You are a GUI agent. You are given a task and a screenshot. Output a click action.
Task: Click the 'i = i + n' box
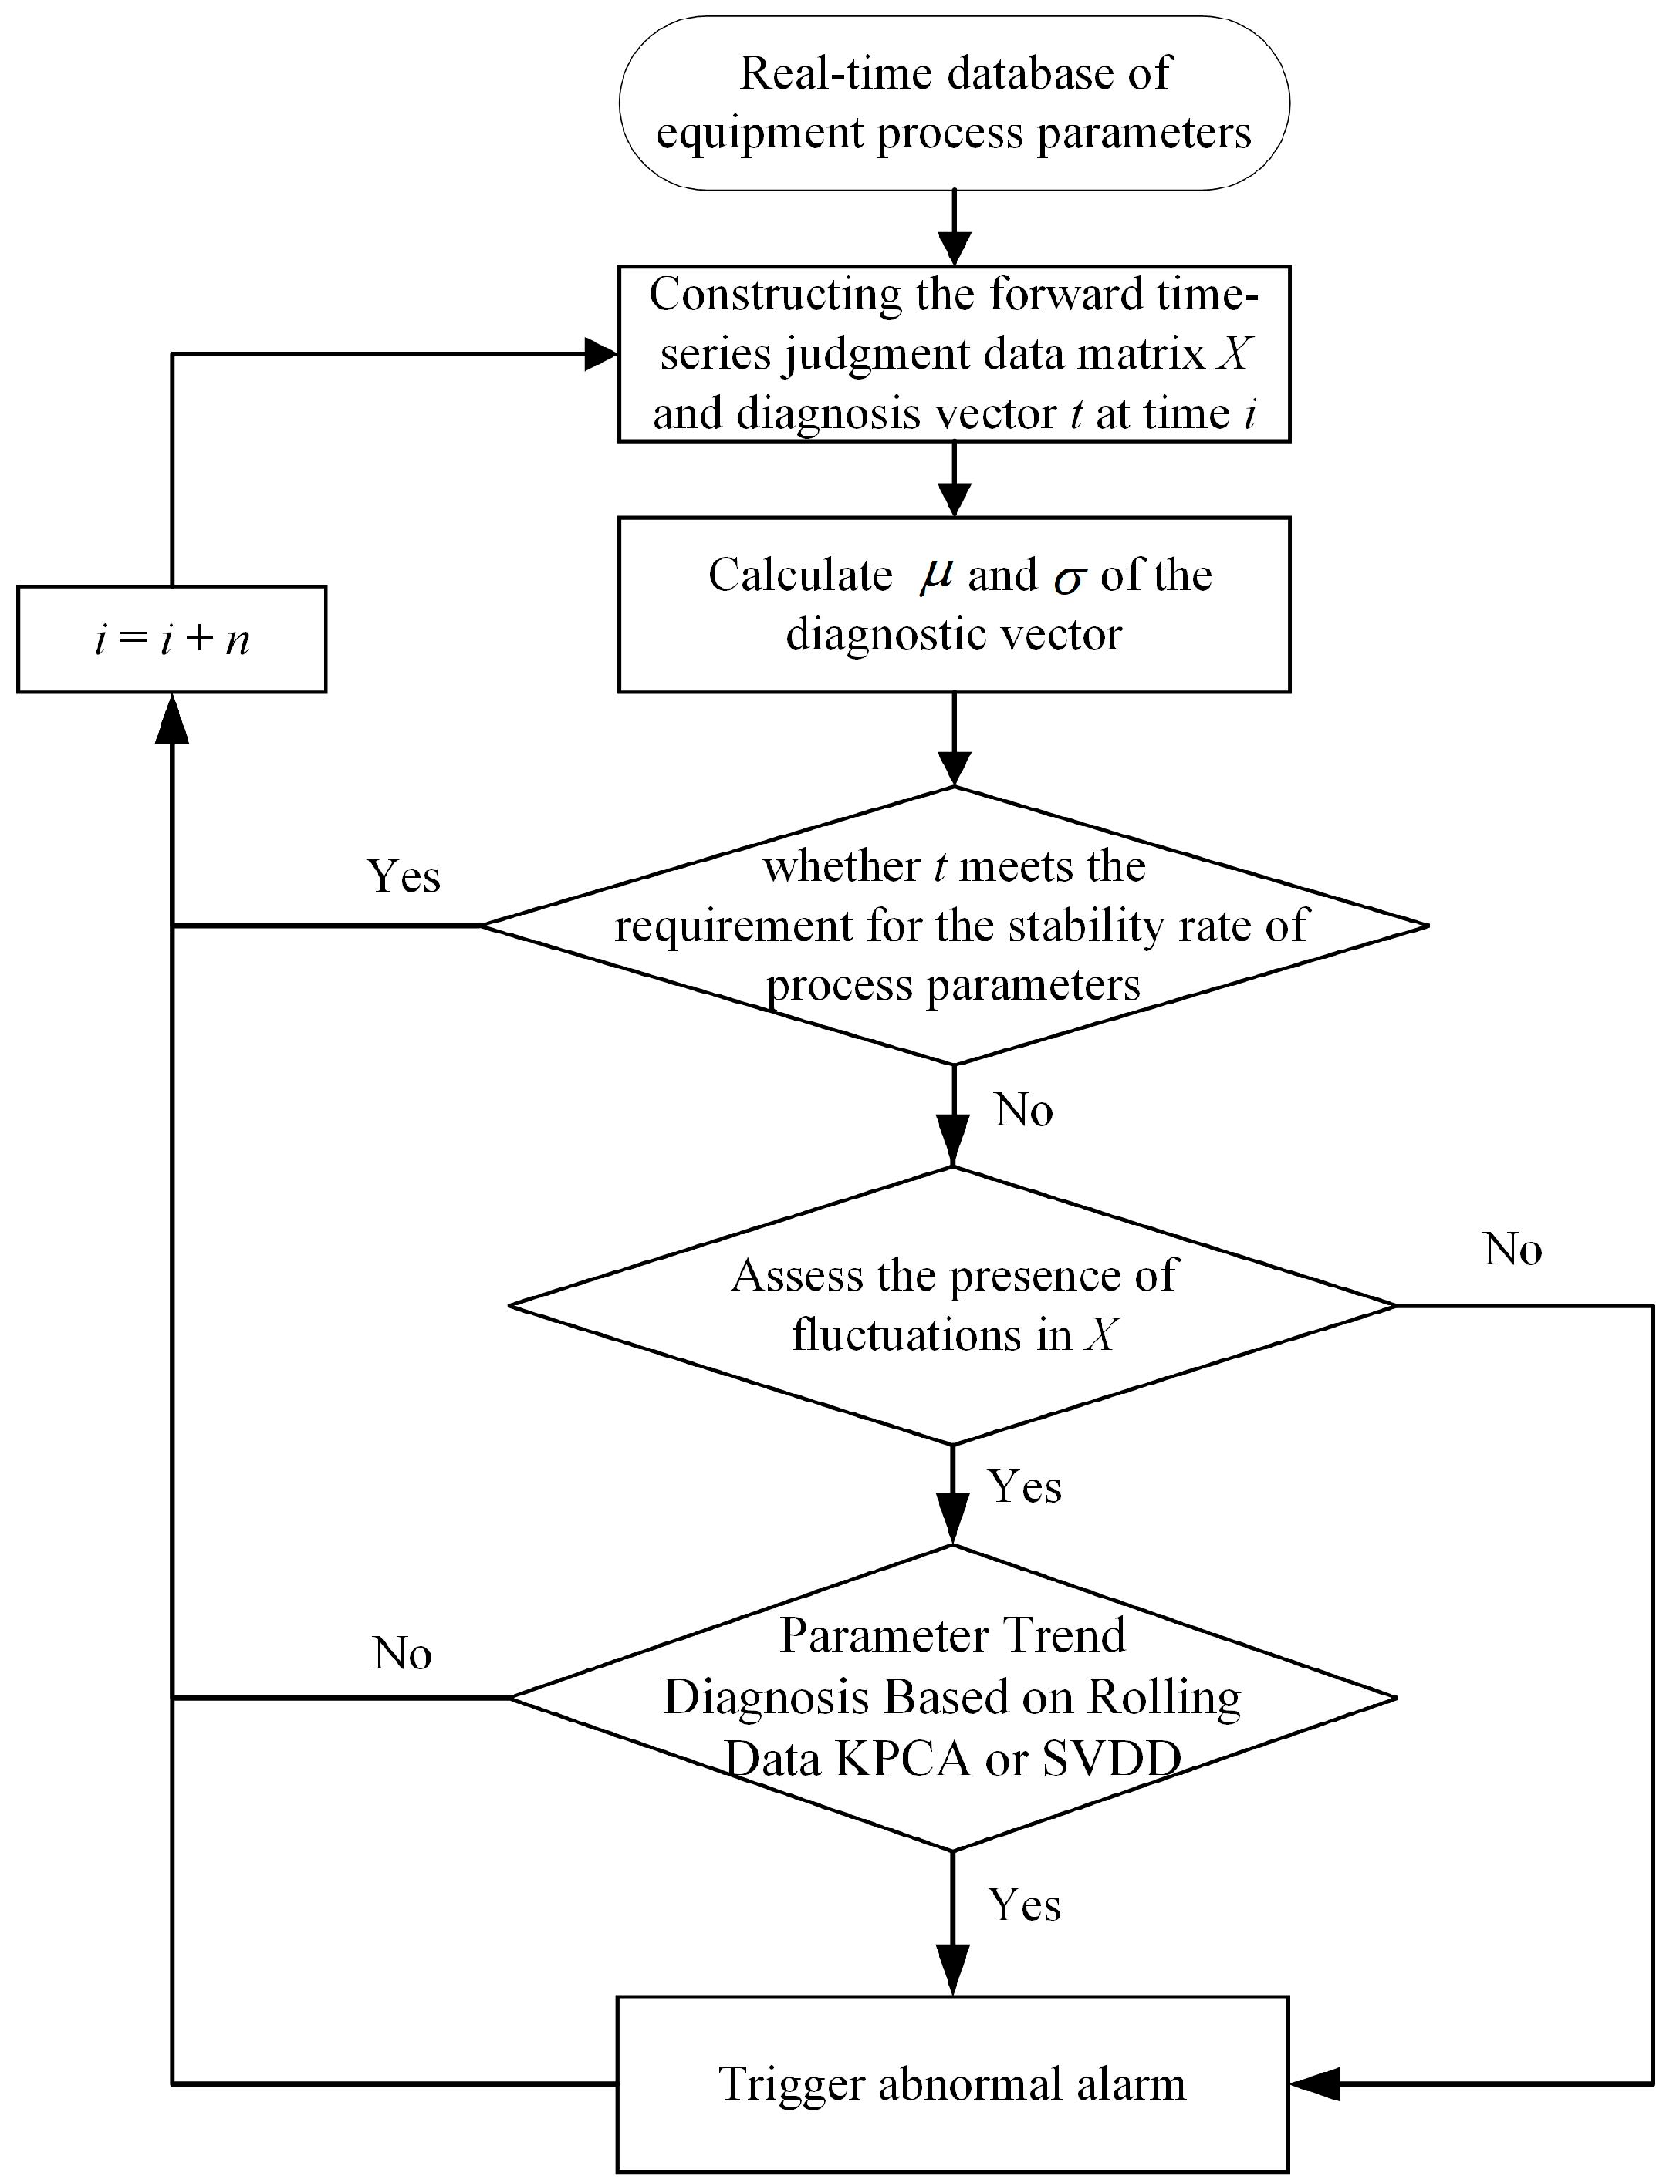click(171, 639)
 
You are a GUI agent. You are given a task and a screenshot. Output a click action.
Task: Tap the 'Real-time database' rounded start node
click(954, 103)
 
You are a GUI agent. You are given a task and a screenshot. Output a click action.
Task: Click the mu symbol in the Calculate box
click(936, 576)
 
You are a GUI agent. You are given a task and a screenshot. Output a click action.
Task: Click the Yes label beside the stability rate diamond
click(404, 876)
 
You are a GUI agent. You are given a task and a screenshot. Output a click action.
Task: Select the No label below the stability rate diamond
click(1022, 1109)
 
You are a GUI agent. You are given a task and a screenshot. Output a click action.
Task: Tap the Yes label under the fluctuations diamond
click(1024, 1486)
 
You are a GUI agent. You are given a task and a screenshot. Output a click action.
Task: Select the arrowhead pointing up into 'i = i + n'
click(172, 717)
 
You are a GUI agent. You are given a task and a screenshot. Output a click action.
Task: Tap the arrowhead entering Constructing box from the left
click(600, 354)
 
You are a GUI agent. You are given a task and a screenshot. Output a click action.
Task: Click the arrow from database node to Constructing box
click(954, 229)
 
